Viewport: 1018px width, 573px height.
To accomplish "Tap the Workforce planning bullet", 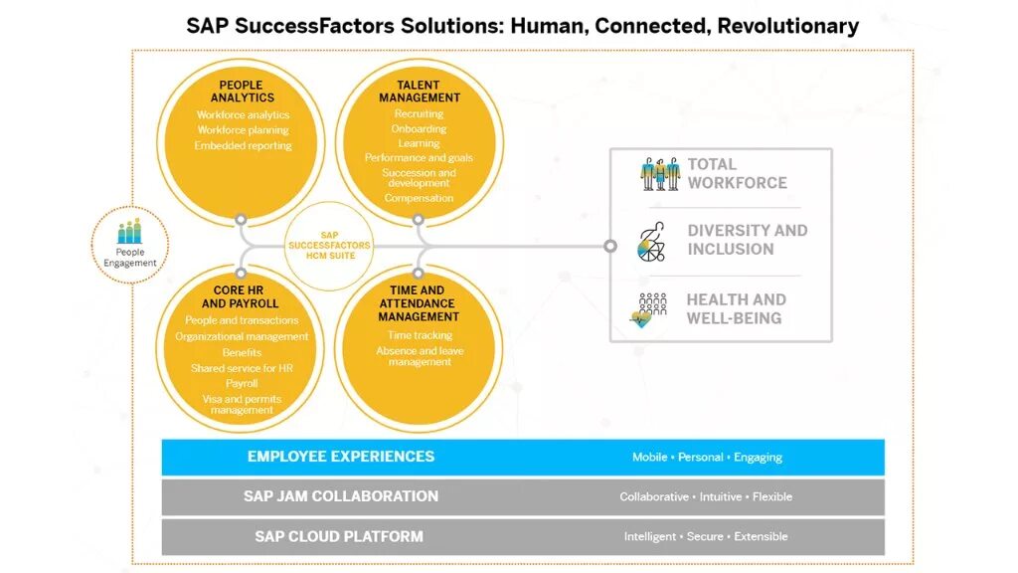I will click(243, 130).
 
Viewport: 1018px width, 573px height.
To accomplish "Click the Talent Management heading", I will click(420, 92).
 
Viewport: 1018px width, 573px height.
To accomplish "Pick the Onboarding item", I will click(420, 129).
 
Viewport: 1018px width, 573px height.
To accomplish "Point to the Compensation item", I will click(420, 198).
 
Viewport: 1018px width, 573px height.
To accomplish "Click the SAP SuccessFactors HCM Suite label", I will click(329, 246).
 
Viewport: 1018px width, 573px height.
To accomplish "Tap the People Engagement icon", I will click(130, 233).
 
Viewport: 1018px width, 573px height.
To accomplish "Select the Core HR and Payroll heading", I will click(241, 297).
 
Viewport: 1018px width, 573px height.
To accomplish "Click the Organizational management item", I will click(242, 336).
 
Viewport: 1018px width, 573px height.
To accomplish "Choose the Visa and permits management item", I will click(242, 405).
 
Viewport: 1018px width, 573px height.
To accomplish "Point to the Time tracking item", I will click(420, 335).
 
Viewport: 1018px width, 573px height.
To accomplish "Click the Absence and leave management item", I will click(420, 356).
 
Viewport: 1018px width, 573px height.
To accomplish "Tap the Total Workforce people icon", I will click(659, 174).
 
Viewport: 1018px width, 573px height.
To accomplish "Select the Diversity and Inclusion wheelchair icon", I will click(652, 242).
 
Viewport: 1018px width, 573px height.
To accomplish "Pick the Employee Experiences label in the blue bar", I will click(341, 457).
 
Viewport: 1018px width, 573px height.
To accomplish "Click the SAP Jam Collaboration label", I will click(341, 496).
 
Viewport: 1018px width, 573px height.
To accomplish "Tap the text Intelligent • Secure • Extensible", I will click(706, 537).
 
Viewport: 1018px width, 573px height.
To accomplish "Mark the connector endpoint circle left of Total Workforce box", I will click(610, 246).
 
